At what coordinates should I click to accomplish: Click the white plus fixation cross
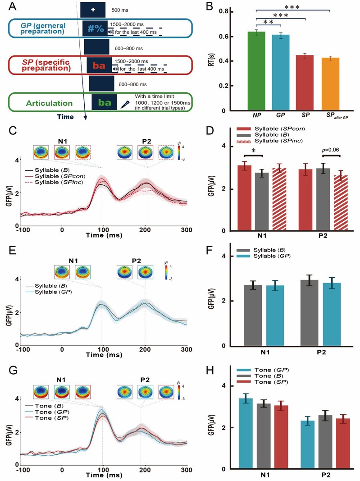93,9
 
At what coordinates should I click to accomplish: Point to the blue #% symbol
96,28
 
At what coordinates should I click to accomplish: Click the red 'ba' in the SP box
100,66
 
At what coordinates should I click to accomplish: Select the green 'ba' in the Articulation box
105,103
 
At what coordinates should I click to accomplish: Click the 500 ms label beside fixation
120,9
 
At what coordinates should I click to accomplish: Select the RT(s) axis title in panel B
223,61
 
